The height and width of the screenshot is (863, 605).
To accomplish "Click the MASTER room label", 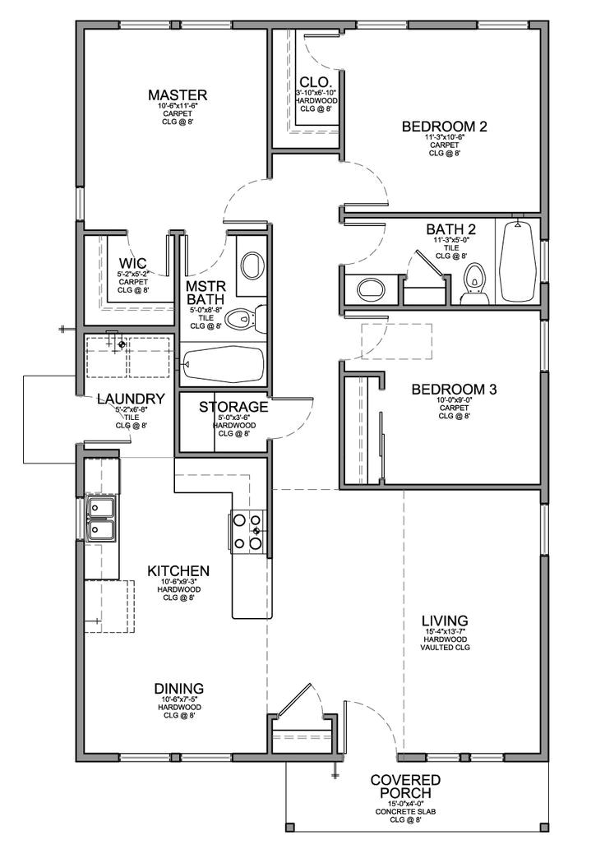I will (178, 95).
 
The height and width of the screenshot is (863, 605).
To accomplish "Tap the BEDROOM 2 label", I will (445, 127).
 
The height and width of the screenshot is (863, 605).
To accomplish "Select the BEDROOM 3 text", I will (453, 389).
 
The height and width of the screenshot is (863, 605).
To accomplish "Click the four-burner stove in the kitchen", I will (248, 532).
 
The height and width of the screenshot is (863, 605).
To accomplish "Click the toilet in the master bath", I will (243, 317).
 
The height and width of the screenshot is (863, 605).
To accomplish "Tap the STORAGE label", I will (234, 407).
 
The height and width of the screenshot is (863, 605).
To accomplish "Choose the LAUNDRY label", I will (131, 399).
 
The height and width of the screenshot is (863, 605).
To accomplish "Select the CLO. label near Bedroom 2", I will (316, 82).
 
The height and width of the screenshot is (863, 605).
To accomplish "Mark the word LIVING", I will (446, 621).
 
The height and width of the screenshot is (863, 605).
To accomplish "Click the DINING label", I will (178, 688).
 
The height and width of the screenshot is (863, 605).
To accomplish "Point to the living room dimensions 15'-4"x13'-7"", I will (446, 631).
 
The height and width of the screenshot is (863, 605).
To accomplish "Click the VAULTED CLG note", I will (446, 647).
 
